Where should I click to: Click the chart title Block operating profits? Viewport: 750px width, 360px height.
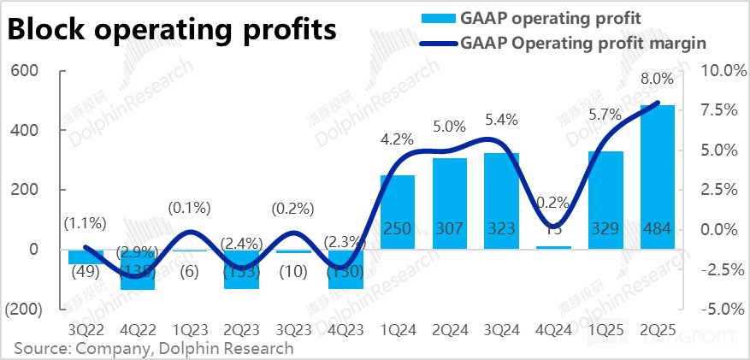pos(172,29)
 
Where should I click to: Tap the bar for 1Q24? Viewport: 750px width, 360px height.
pos(398,214)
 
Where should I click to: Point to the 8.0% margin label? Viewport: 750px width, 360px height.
pos(657,79)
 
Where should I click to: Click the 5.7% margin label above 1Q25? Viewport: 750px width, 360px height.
pos(605,115)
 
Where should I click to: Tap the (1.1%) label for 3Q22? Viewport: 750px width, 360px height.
pos(86,224)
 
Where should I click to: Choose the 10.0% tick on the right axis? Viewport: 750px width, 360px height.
pos(723,70)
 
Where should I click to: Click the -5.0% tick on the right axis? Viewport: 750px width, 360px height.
pos(723,309)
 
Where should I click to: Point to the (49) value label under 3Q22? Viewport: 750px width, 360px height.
pos(86,273)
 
